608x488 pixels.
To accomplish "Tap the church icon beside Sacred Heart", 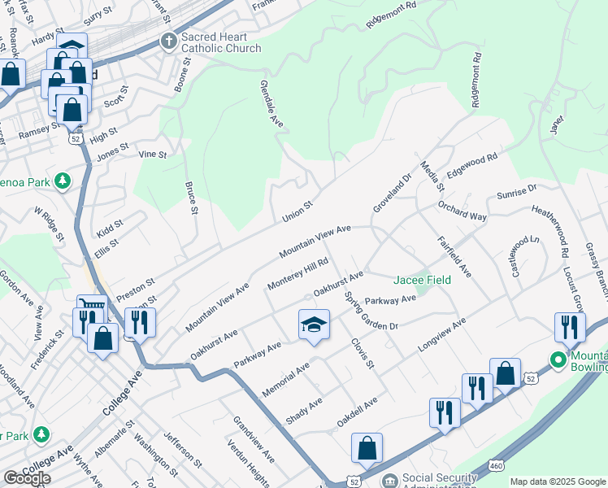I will click(x=169, y=41).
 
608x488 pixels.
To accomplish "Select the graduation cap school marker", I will click(x=314, y=325).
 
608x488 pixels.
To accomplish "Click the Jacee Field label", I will click(x=423, y=280).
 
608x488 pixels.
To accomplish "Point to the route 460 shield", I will click(x=495, y=465).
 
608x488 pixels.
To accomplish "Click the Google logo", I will click(x=27, y=478).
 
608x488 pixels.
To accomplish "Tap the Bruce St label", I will click(x=192, y=199).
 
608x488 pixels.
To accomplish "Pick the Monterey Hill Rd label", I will click(x=297, y=276).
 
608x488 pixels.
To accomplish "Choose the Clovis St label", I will click(x=363, y=352).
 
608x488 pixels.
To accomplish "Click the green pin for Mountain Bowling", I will click(x=558, y=359).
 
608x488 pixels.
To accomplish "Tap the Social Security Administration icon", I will click(x=390, y=481).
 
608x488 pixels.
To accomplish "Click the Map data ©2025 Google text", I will click(x=558, y=481).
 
